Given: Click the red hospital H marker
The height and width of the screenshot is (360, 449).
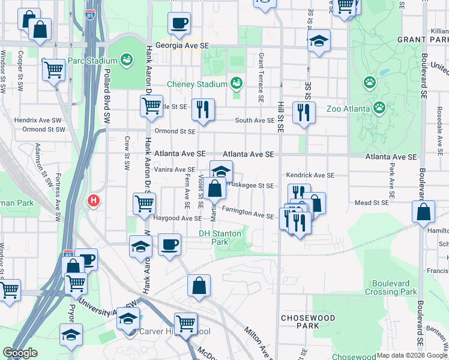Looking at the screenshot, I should point(93,201).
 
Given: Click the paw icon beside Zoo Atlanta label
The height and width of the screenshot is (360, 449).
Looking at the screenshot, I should point(379,107).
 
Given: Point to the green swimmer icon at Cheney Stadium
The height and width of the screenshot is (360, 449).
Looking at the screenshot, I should point(237,83).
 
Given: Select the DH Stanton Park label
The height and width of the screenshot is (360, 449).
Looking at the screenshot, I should point(220,238).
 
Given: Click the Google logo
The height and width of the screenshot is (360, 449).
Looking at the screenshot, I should point(20,353).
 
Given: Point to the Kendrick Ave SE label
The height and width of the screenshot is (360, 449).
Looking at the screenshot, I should point(309,175).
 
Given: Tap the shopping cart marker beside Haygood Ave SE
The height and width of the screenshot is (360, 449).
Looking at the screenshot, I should point(144,203).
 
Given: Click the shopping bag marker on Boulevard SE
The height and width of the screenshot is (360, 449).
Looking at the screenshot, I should point(424,212).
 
